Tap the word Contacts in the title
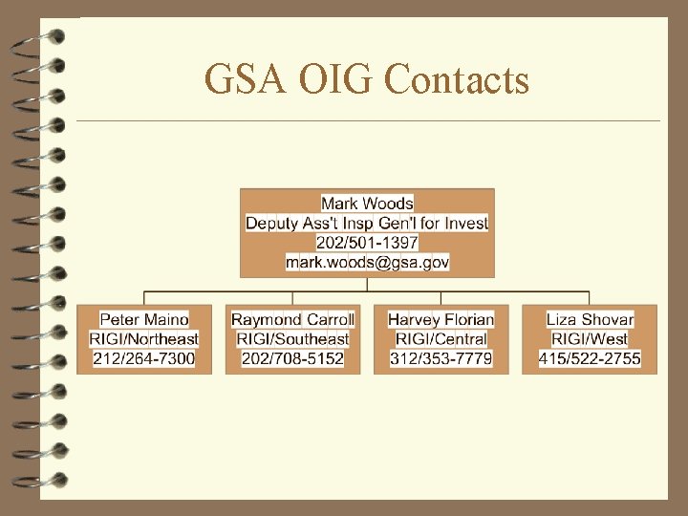(x=456, y=80)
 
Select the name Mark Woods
(x=367, y=203)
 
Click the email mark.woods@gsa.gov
(x=367, y=261)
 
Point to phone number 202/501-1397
(x=367, y=242)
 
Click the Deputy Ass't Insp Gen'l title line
(x=367, y=223)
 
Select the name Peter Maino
(x=144, y=319)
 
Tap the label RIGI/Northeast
(x=144, y=338)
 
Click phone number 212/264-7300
(x=144, y=358)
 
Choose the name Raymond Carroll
(x=292, y=319)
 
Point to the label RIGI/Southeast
(x=292, y=338)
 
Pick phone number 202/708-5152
(x=292, y=358)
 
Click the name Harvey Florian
(x=441, y=319)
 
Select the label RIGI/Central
(x=441, y=338)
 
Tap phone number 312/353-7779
(x=441, y=358)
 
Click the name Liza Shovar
(x=590, y=319)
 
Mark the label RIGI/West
(x=590, y=338)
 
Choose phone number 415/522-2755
(x=590, y=358)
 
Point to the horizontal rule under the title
(x=368, y=121)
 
